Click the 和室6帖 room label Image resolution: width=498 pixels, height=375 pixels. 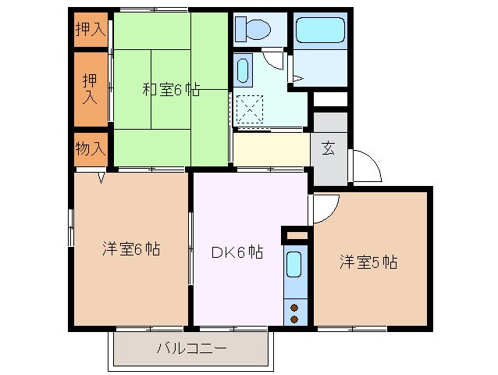tap(170, 89)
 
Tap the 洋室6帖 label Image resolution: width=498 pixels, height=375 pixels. tap(131, 249)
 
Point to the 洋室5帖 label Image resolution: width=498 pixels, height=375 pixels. tap(368, 262)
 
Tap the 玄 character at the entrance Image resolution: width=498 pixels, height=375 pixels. tap(329, 149)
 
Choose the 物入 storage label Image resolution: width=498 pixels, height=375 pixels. tap(91, 148)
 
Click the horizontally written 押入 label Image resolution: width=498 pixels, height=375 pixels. tap(91, 30)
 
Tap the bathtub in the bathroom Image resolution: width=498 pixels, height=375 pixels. tap(319, 32)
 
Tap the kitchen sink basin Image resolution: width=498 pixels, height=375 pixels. tap(294, 266)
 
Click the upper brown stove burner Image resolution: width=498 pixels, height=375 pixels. tap(294, 306)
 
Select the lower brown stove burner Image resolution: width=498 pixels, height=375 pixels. tap(294, 319)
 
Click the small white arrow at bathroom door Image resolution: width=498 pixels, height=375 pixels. tap(297, 77)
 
